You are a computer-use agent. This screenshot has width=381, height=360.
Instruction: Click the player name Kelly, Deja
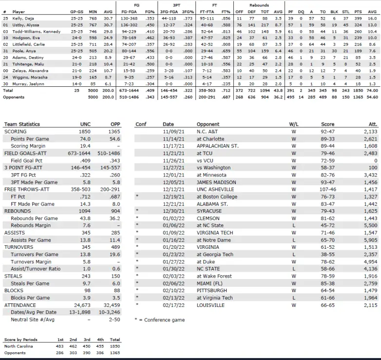click(23, 18)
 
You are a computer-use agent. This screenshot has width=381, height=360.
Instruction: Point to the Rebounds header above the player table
click(259, 5)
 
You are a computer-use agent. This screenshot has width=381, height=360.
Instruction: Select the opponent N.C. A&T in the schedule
click(209, 132)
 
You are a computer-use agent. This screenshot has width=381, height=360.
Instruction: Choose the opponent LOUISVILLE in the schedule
click(211, 305)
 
